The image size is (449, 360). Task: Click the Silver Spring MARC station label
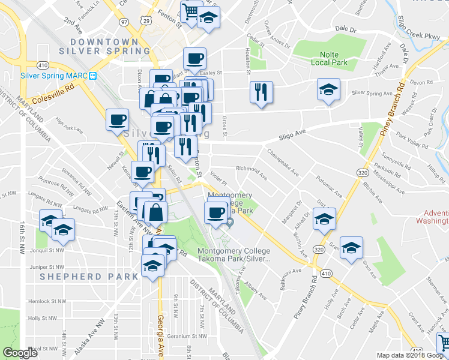[x=54, y=76]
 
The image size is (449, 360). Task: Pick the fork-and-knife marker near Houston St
[x=261, y=92]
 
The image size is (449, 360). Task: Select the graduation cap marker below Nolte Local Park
[x=328, y=90]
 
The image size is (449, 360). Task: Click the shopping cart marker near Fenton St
[x=191, y=11]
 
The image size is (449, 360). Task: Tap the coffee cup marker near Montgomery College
[x=216, y=212]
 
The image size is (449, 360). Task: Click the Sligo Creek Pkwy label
[x=418, y=28]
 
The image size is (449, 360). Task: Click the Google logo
[x=20, y=353]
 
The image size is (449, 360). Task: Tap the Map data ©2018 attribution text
[x=403, y=355]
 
